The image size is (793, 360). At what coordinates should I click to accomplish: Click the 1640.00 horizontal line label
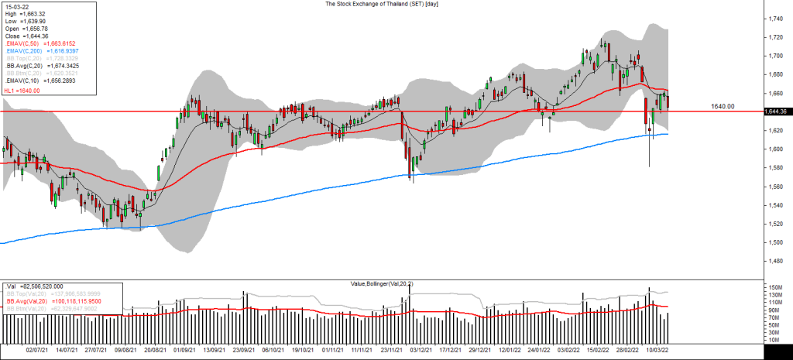coord(723,106)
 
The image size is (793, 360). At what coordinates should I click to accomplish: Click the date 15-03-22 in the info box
coord(19,5)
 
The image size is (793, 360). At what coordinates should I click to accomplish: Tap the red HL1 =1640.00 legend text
coord(22,90)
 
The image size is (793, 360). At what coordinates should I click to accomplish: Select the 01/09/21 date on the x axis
coord(184,350)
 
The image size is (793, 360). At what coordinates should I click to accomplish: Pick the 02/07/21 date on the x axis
coord(37,350)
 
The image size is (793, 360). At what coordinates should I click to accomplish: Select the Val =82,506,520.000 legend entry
coord(35,286)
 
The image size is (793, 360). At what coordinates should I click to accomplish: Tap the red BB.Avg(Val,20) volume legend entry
coord(50,301)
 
